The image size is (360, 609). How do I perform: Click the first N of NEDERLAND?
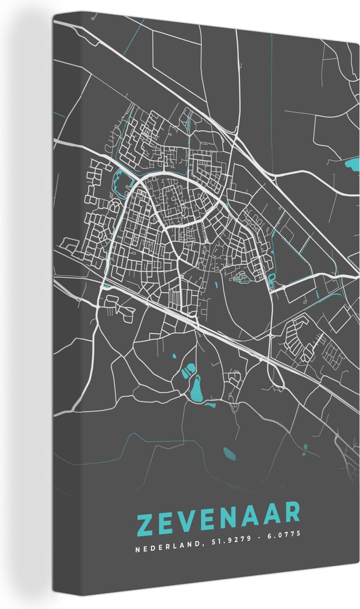click(x=138, y=534)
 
